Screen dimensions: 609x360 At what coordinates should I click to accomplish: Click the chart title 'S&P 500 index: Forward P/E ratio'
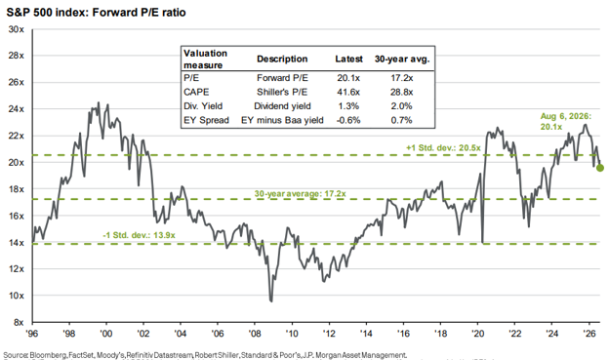point(96,13)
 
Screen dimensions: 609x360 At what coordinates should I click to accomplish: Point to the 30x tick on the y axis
point(16,29)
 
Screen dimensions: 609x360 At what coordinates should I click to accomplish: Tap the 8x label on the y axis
point(19,322)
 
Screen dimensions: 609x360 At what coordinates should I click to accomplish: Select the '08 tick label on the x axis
point(255,334)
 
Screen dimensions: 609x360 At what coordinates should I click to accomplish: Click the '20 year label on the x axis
point(477,334)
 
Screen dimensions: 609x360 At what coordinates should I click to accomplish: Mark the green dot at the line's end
point(600,168)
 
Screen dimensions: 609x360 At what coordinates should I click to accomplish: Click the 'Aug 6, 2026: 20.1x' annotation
point(565,121)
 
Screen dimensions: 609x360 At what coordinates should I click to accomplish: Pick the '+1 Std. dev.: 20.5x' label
point(443,148)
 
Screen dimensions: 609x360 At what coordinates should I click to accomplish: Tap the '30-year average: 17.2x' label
point(301,193)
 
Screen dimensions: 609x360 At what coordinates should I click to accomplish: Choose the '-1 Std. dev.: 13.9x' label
point(139,235)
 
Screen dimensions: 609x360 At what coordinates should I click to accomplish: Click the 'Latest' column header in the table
point(348,60)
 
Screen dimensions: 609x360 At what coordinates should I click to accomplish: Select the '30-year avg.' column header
point(402,60)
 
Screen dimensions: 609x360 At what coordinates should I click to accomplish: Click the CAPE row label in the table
point(196,92)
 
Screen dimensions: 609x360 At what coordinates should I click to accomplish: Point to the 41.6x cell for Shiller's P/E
point(348,92)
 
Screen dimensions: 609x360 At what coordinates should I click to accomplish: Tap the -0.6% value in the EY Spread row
point(348,120)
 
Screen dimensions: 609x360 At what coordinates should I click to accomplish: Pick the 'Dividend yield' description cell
point(282,106)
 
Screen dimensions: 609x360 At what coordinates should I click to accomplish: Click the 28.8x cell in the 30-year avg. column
point(402,92)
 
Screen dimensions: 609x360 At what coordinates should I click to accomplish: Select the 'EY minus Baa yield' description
point(282,120)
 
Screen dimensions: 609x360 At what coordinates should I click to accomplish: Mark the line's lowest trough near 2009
point(271,300)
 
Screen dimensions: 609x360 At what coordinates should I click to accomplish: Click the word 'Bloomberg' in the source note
point(48,355)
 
